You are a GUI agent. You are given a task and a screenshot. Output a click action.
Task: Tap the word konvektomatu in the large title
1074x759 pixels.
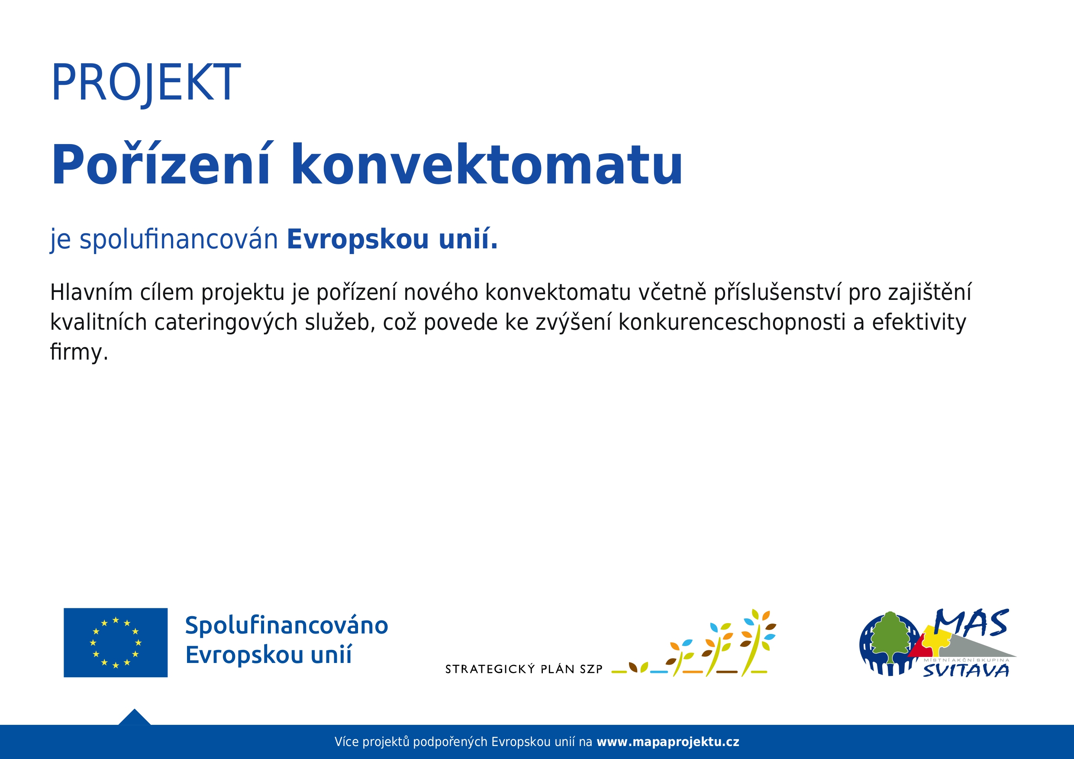487,164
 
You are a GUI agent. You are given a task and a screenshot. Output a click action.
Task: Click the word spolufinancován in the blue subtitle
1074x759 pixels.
179,239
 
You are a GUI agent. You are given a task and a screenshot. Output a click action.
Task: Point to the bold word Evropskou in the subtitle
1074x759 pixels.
358,240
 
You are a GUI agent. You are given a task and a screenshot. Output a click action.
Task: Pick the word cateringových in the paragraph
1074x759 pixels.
226,323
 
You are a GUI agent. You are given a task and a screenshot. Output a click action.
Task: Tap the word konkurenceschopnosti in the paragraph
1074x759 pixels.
732,323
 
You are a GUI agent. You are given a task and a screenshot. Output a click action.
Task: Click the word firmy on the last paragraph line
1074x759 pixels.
76,352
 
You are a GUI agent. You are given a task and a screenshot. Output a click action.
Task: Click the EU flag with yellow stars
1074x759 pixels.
116,643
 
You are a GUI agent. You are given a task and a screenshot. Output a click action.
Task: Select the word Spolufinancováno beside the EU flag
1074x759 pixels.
286,626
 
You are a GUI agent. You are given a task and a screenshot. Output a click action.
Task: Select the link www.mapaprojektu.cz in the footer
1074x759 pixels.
668,742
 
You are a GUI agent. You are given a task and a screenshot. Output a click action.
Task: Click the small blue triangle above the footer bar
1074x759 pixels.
134,717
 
